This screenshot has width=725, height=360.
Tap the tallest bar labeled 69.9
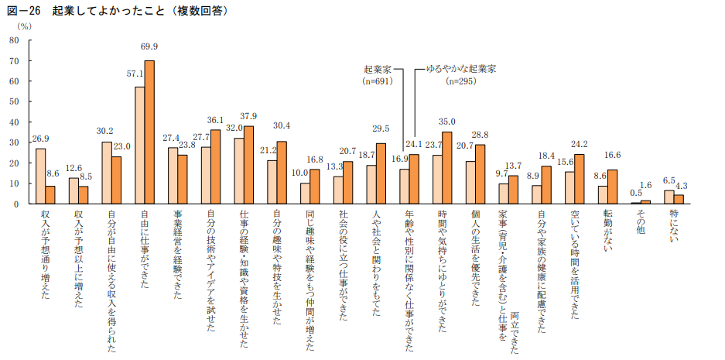click(x=149, y=132)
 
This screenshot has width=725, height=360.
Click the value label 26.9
click(x=41, y=139)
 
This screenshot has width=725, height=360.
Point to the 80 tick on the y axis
click(x=14, y=39)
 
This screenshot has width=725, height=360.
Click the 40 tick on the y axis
click(x=14, y=122)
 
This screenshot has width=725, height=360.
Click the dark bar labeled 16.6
click(x=613, y=187)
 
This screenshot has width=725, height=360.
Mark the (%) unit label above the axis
click(x=24, y=26)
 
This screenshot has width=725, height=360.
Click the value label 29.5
click(x=381, y=129)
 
